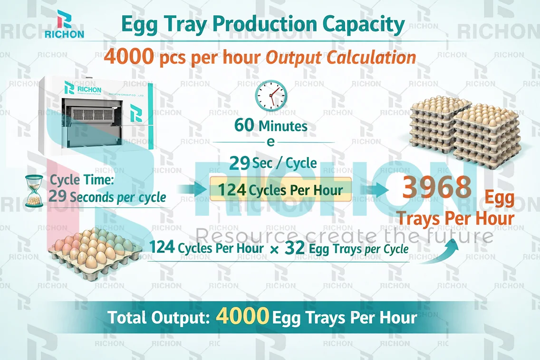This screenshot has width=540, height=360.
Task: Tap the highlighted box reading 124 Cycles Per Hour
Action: [x=280, y=190]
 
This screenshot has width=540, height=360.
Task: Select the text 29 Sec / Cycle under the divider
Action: [x=273, y=163]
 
